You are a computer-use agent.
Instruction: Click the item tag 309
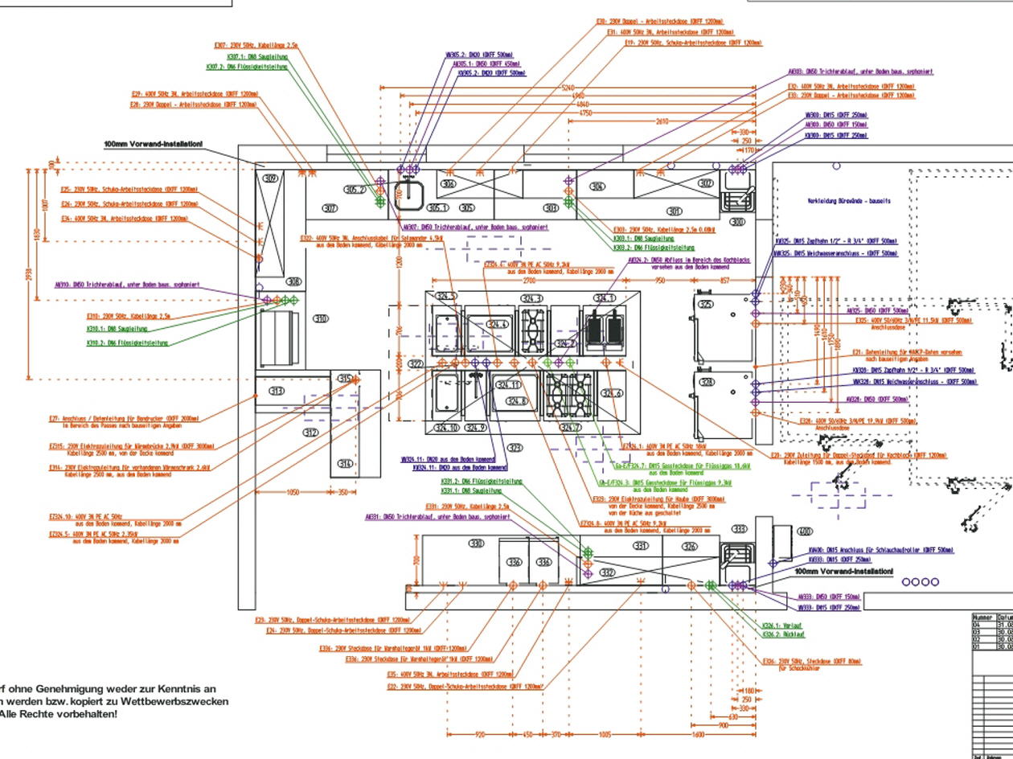pyautogui.click(x=271, y=178)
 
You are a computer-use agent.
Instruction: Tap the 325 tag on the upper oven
pyautogui.click(x=706, y=304)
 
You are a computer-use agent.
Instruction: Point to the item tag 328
pyautogui.click(x=706, y=381)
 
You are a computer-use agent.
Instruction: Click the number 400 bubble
pyautogui.click(x=803, y=531)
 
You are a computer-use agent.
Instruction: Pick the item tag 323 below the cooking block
pyautogui.click(x=515, y=448)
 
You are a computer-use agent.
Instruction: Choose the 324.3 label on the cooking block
pyautogui.click(x=531, y=299)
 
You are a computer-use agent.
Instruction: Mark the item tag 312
pyautogui.click(x=310, y=433)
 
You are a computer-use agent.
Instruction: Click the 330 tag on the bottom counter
pyautogui.click(x=477, y=544)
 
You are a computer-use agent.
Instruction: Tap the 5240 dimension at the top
pyautogui.click(x=568, y=87)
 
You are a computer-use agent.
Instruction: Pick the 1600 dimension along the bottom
pyautogui.click(x=697, y=734)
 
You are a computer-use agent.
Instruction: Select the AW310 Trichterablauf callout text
pyautogui.click(x=127, y=285)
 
